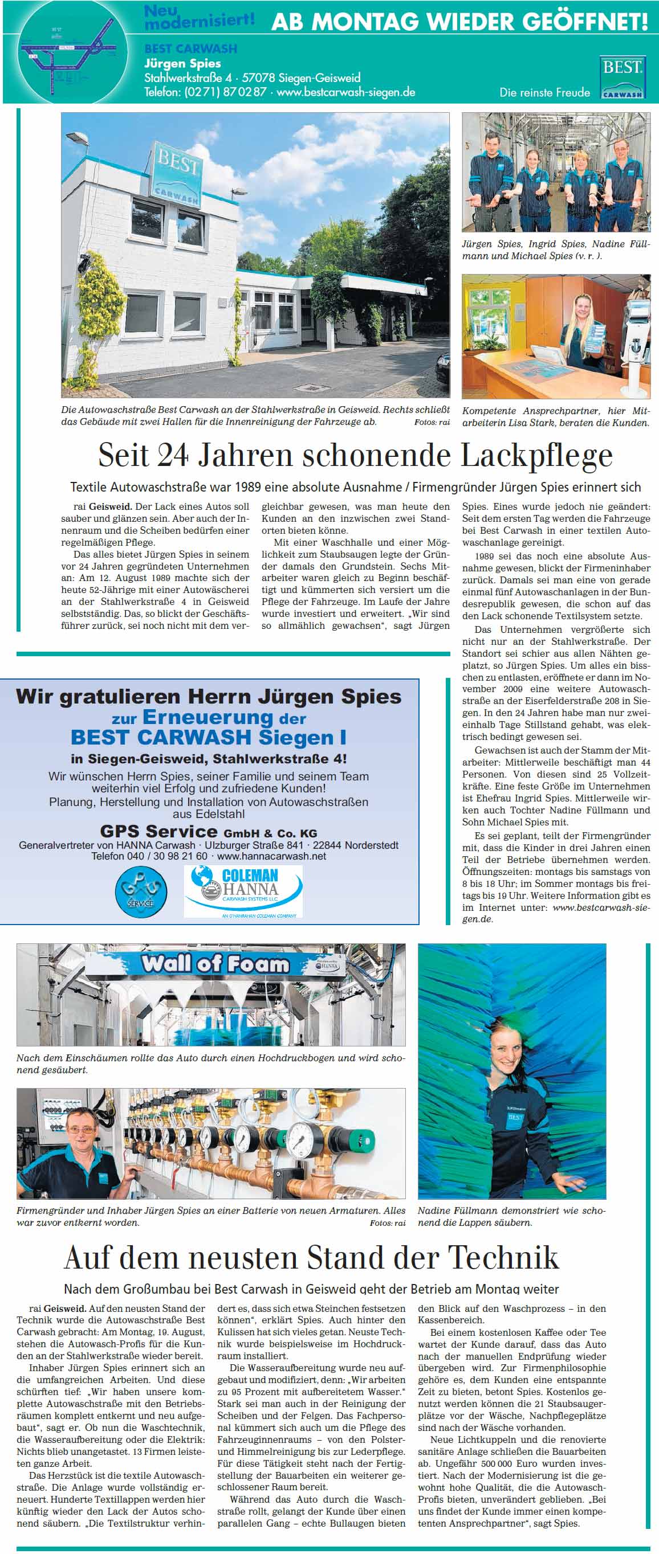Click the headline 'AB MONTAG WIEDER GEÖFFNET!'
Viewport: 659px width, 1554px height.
[x=459, y=22]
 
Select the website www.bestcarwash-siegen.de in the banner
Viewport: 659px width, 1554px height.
[x=346, y=92]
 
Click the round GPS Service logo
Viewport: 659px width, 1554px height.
[x=141, y=890]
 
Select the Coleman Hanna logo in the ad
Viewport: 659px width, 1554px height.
[x=243, y=891]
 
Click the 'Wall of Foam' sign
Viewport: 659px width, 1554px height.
[x=215, y=964]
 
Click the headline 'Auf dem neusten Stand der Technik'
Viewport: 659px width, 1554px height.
[x=311, y=1257]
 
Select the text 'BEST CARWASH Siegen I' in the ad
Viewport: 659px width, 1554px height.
[x=208, y=737]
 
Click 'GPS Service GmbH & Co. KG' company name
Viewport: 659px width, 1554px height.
[x=208, y=831]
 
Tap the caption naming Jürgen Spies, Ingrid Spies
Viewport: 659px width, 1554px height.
[x=555, y=250]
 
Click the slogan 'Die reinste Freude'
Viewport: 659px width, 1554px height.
[x=544, y=92]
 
